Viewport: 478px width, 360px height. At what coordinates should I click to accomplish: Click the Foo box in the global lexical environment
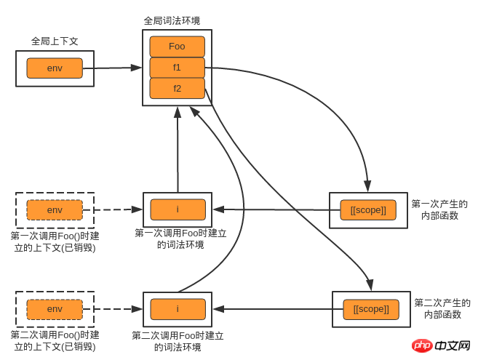click(x=177, y=47)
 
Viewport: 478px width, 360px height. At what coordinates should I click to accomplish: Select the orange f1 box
click(x=177, y=68)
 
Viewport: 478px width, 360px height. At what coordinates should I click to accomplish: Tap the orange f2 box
click(x=177, y=89)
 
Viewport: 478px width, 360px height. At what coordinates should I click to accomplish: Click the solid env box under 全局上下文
click(x=55, y=68)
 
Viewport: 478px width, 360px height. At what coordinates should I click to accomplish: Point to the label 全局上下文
click(x=55, y=41)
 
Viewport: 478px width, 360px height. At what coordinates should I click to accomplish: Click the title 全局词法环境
click(x=172, y=20)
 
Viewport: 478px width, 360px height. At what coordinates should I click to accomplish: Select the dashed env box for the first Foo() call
click(x=55, y=210)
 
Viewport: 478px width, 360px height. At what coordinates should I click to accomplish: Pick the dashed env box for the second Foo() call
click(x=55, y=309)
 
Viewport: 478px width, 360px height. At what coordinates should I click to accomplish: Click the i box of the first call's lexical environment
click(x=178, y=209)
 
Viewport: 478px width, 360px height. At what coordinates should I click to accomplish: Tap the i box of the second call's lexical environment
click(x=178, y=309)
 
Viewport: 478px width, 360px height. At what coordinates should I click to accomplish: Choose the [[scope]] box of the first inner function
click(x=368, y=210)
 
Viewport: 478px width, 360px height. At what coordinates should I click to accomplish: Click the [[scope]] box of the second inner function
click(x=371, y=309)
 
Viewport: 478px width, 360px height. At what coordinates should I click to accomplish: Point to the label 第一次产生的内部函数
click(x=439, y=209)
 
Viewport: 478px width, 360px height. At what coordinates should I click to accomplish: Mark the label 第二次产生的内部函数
click(x=442, y=308)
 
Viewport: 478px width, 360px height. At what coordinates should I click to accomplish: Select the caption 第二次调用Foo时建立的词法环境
click(x=178, y=341)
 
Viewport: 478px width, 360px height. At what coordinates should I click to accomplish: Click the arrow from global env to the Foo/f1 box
click(x=113, y=68)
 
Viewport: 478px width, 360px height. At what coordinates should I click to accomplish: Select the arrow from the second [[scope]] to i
click(x=276, y=309)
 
